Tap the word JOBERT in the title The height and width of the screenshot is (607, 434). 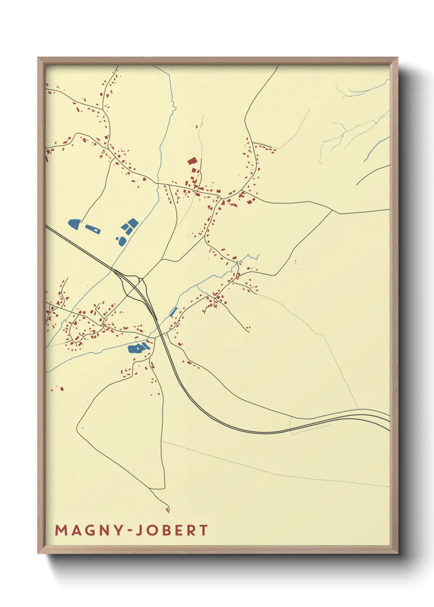click(x=172, y=530)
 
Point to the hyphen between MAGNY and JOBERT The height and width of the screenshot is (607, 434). click(x=129, y=531)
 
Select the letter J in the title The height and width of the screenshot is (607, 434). click(x=138, y=530)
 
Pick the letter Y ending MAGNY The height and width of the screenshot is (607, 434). click(x=118, y=530)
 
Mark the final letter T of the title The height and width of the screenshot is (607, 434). click(x=204, y=530)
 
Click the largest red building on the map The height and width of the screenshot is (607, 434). click(x=192, y=161)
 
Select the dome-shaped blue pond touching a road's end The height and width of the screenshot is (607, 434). click(x=74, y=224)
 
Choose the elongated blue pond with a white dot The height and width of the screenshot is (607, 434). click(x=93, y=229)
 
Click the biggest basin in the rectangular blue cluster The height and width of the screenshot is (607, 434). click(x=133, y=223)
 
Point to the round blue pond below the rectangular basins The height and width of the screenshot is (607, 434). click(x=122, y=241)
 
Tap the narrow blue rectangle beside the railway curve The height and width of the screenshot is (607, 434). click(x=174, y=312)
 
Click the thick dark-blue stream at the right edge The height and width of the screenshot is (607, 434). click(x=375, y=148)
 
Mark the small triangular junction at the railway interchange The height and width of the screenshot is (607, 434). click(x=140, y=282)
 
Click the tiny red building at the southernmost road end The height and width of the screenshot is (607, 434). click(x=167, y=511)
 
